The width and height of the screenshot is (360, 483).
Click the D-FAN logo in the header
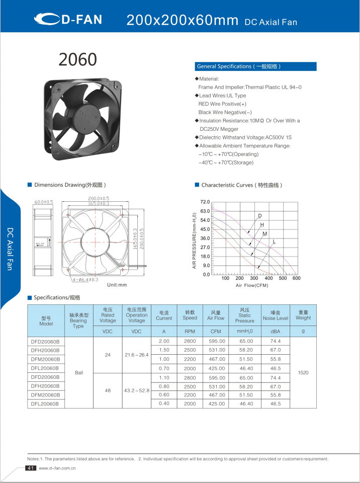(x=68, y=20)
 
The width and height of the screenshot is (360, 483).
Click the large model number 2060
(x=77, y=59)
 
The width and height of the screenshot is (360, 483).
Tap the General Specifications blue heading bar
(x=255, y=66)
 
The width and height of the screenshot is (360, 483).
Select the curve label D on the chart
(x=260, y=216)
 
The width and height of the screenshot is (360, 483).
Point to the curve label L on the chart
(x=274, y=242)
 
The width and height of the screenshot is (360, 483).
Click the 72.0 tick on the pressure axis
(x=206, y=202)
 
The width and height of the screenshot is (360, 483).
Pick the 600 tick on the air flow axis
(x=296, y=278)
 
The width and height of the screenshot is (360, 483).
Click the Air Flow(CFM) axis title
(x=252, y=285)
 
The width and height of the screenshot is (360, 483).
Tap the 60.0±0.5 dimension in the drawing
(x=43, y=202)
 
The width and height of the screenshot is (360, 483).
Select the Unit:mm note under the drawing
(x=117, y=285)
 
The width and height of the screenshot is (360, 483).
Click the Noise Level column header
(x=276, y=315)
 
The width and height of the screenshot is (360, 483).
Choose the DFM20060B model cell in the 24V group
(x=45, y=359)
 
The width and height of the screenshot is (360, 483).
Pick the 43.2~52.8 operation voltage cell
(x=137, y=390)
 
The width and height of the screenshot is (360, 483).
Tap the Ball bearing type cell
(x=78, y=373)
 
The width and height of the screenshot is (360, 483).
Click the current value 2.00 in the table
(x=163, y=341)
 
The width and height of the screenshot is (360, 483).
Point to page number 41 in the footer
(x=30, y=468)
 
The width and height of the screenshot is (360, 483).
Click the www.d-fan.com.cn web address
(x=57, y=468)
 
